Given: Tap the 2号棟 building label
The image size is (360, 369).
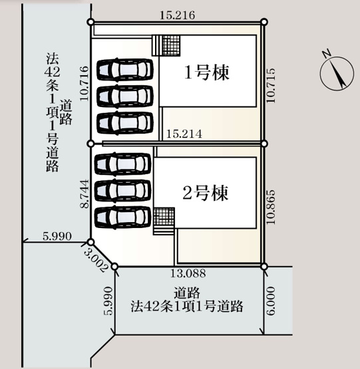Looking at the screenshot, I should pyautogui.click(x=206, y=193).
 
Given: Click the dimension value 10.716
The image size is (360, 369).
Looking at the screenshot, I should pyautogui.click(x=83, y=82).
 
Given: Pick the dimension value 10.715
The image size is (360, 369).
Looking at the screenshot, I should pyautogui.click(x=271, y=83).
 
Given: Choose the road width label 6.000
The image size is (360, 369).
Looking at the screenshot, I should pyautogui.click(x=270, y=301).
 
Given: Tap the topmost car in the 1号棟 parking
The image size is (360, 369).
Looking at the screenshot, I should pyautogui.click(x=124, y=70).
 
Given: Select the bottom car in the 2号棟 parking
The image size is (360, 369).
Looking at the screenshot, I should pyautogui.click(x=124, y=217).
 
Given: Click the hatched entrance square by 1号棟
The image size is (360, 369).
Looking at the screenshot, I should pyautogui.click(x=170, y=45).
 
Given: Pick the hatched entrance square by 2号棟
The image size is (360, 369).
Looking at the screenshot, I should pyautogui.click(x=164, y=217).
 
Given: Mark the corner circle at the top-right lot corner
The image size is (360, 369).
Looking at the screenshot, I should pyautogui.click(x=264, y=23).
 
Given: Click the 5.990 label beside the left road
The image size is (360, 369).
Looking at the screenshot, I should pyautogui.click(x=56, y=236).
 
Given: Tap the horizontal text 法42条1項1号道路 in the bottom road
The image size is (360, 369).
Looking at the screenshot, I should pyautogui.click(x=186, y=307).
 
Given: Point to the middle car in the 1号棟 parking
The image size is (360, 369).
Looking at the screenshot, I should pyautogui.click(x=124, y=96).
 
